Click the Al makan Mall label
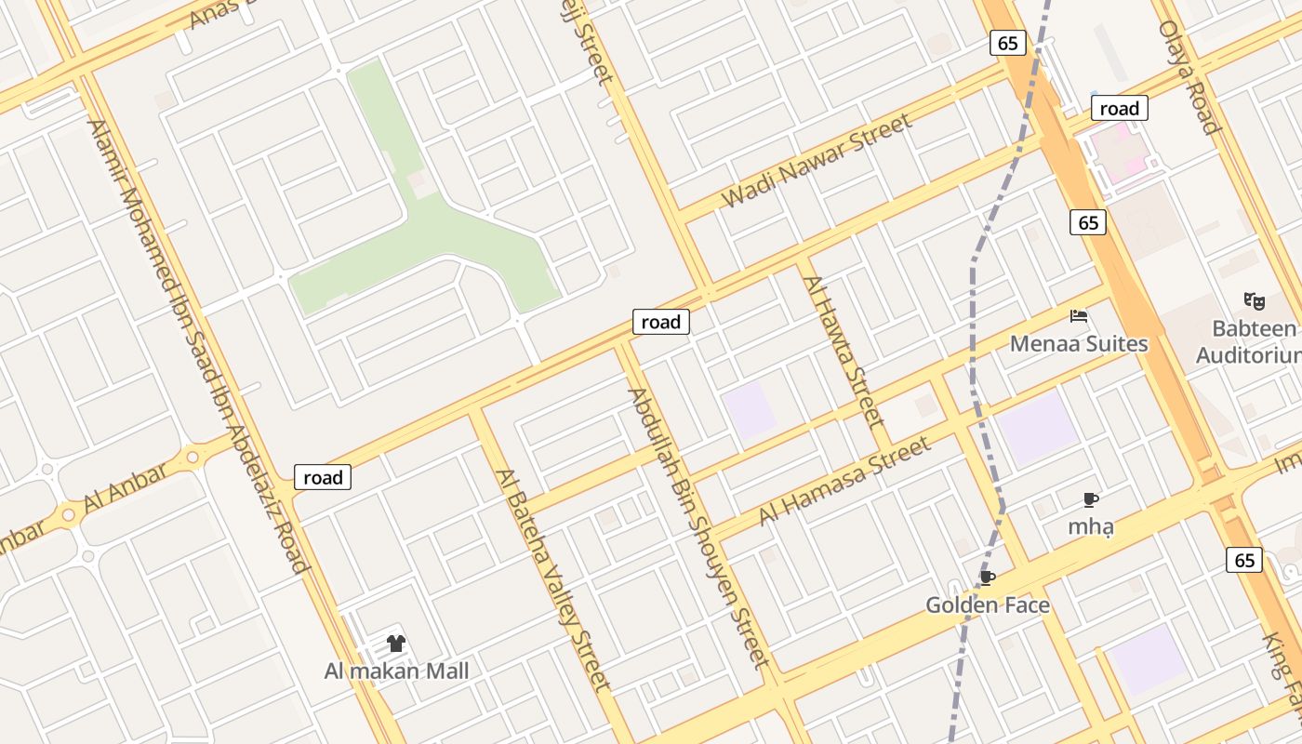(396, 671)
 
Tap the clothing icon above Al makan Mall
(396, 644)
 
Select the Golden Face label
(988, 605)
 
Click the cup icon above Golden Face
(988, 578)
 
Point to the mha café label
(1091, 526)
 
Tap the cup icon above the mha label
(1091, 500)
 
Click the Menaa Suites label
(1079, 344)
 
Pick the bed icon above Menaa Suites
(1079, 316)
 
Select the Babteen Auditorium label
(1252, 341)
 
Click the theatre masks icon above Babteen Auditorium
(1255, 300)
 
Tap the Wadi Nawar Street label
(817, 161)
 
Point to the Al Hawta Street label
(843, 351)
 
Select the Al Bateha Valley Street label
(553, 580)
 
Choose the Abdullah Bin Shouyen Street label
(699, 527)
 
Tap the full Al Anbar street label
(126, 488)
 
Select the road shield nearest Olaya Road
(1119, 109)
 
